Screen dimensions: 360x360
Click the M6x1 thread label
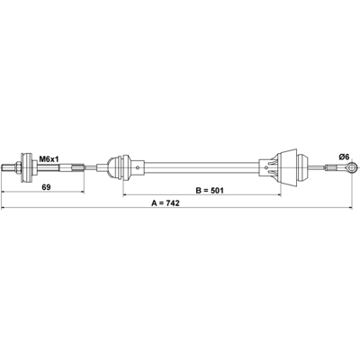(49, 159)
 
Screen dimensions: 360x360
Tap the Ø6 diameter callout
(344, 157)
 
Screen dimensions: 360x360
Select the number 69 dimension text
(46, 187)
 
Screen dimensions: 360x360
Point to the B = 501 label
(210, 190)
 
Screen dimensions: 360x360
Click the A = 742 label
(166, 203)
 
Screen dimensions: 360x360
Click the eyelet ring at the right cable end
(351, 167)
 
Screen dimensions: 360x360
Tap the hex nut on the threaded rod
(17, 167)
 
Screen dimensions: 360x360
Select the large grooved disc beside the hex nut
(26, 167)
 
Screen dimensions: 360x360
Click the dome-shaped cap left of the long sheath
(114, 167)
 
